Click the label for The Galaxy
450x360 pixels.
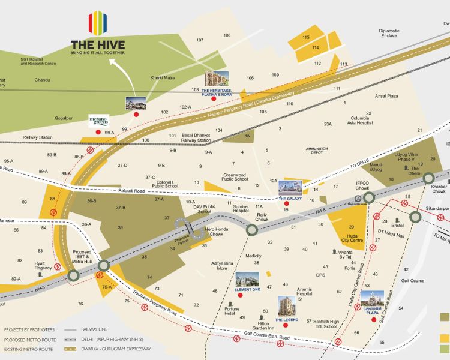pyautogui.click(x=289, y=197)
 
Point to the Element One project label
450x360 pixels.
pyautogui.click(x=247, y=289)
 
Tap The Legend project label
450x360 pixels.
pyautogui.click(x=287, y=320)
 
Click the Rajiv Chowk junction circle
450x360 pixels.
pyautogui.click(x=253, y=230)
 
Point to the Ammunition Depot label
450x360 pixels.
pyautogui.click(x=317, y=150)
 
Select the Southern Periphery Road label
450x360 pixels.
pyautogui.click(x=155, y=305)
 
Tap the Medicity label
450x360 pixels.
pyautogui.click(x=254, y=255)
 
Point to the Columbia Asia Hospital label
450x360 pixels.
pyautogui.click(x=361, y=121)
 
